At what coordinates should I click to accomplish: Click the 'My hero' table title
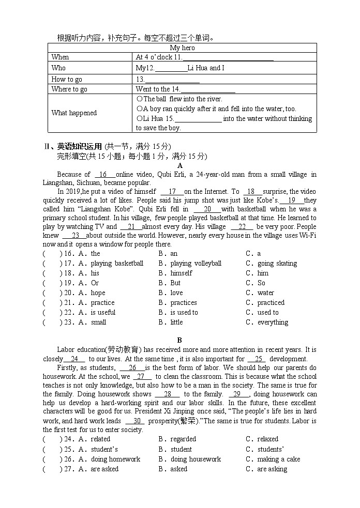(182, 48)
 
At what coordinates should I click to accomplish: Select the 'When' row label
(60, 57)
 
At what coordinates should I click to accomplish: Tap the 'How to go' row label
(67, 79)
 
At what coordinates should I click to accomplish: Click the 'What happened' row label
(74, 113)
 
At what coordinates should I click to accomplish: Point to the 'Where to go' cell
(69, 89)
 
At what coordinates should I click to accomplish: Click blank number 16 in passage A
(103, 175)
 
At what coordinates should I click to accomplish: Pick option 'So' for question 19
(261, 283)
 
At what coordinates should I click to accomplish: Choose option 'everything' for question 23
(273, 322)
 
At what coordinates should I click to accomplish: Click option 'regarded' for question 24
(183, 439)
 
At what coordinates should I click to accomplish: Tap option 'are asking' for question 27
(272, 469)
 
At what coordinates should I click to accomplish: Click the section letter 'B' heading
(179, 340)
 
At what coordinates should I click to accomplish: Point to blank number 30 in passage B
(137, 421)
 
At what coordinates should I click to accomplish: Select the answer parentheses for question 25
(52, 450)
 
